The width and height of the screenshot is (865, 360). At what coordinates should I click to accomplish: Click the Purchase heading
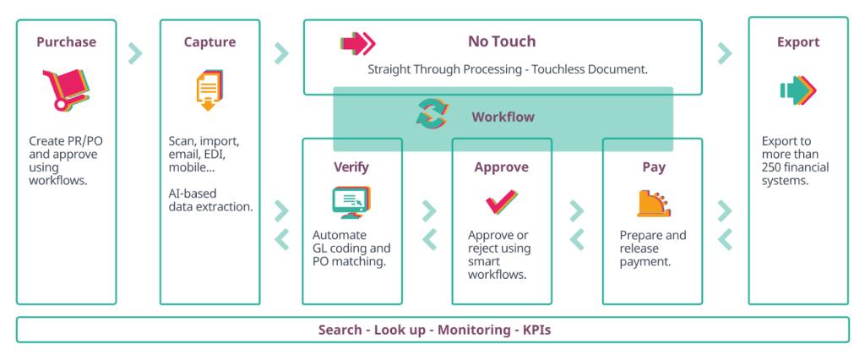pyautogui.click(x=66, y=42)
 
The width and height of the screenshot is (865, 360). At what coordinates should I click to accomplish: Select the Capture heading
pyautogui.click(x=209, y=42)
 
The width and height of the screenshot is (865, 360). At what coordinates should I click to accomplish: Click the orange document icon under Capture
pyautogui.click(x=209, y=91)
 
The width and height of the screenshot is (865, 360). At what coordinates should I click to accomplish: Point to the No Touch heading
pyautogui.click(x=502, y=41)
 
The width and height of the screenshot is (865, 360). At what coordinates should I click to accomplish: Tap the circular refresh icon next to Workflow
pyautogui.click(x=433, y=114)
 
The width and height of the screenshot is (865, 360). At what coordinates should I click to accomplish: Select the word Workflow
pyautogui.click(x=503, y=117)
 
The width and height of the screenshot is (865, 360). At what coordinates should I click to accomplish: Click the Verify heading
pyautogui.click(x=351, y=166)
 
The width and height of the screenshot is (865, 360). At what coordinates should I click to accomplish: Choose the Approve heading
pyautogui.click(x=502, y=166)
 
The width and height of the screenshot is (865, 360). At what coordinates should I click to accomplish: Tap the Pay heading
pyautogui.click(x=653, y=166)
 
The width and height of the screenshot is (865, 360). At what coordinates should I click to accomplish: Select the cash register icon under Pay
pyautogui.click(x=653, y=202)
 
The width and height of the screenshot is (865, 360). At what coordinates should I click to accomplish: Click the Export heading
pyautogui.click(x=798, y=42)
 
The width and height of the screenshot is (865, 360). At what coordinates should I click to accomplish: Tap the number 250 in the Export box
pyautogui.click(x=774, y=167)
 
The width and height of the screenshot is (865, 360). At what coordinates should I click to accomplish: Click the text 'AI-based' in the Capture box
pyautogui.click(x=194, y=193)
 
